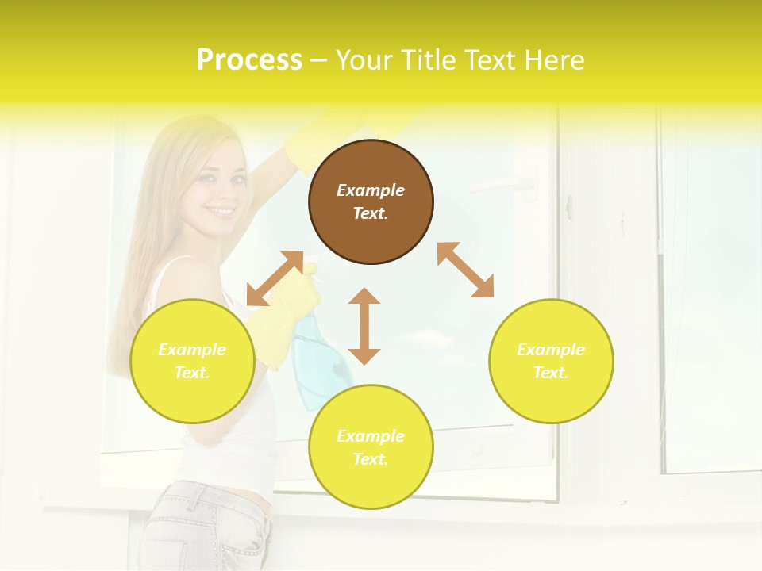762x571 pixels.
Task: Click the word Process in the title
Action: (x=249, y=59)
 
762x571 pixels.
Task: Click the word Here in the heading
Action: (x=552, y=59)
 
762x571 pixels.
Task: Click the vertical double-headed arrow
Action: (x=364, y=326)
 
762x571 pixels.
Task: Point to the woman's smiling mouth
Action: (x=221, y=212)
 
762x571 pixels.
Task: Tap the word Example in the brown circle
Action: (x=371, y=190)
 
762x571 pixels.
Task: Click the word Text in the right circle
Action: (x=551, y=373)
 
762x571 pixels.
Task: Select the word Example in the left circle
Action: (x=192, y=350)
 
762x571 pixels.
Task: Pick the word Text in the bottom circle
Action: (x=371, y=459)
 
